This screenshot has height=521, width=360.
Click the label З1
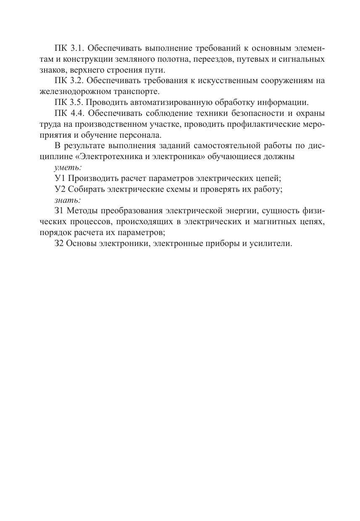59,211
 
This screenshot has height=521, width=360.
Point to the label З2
59,244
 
